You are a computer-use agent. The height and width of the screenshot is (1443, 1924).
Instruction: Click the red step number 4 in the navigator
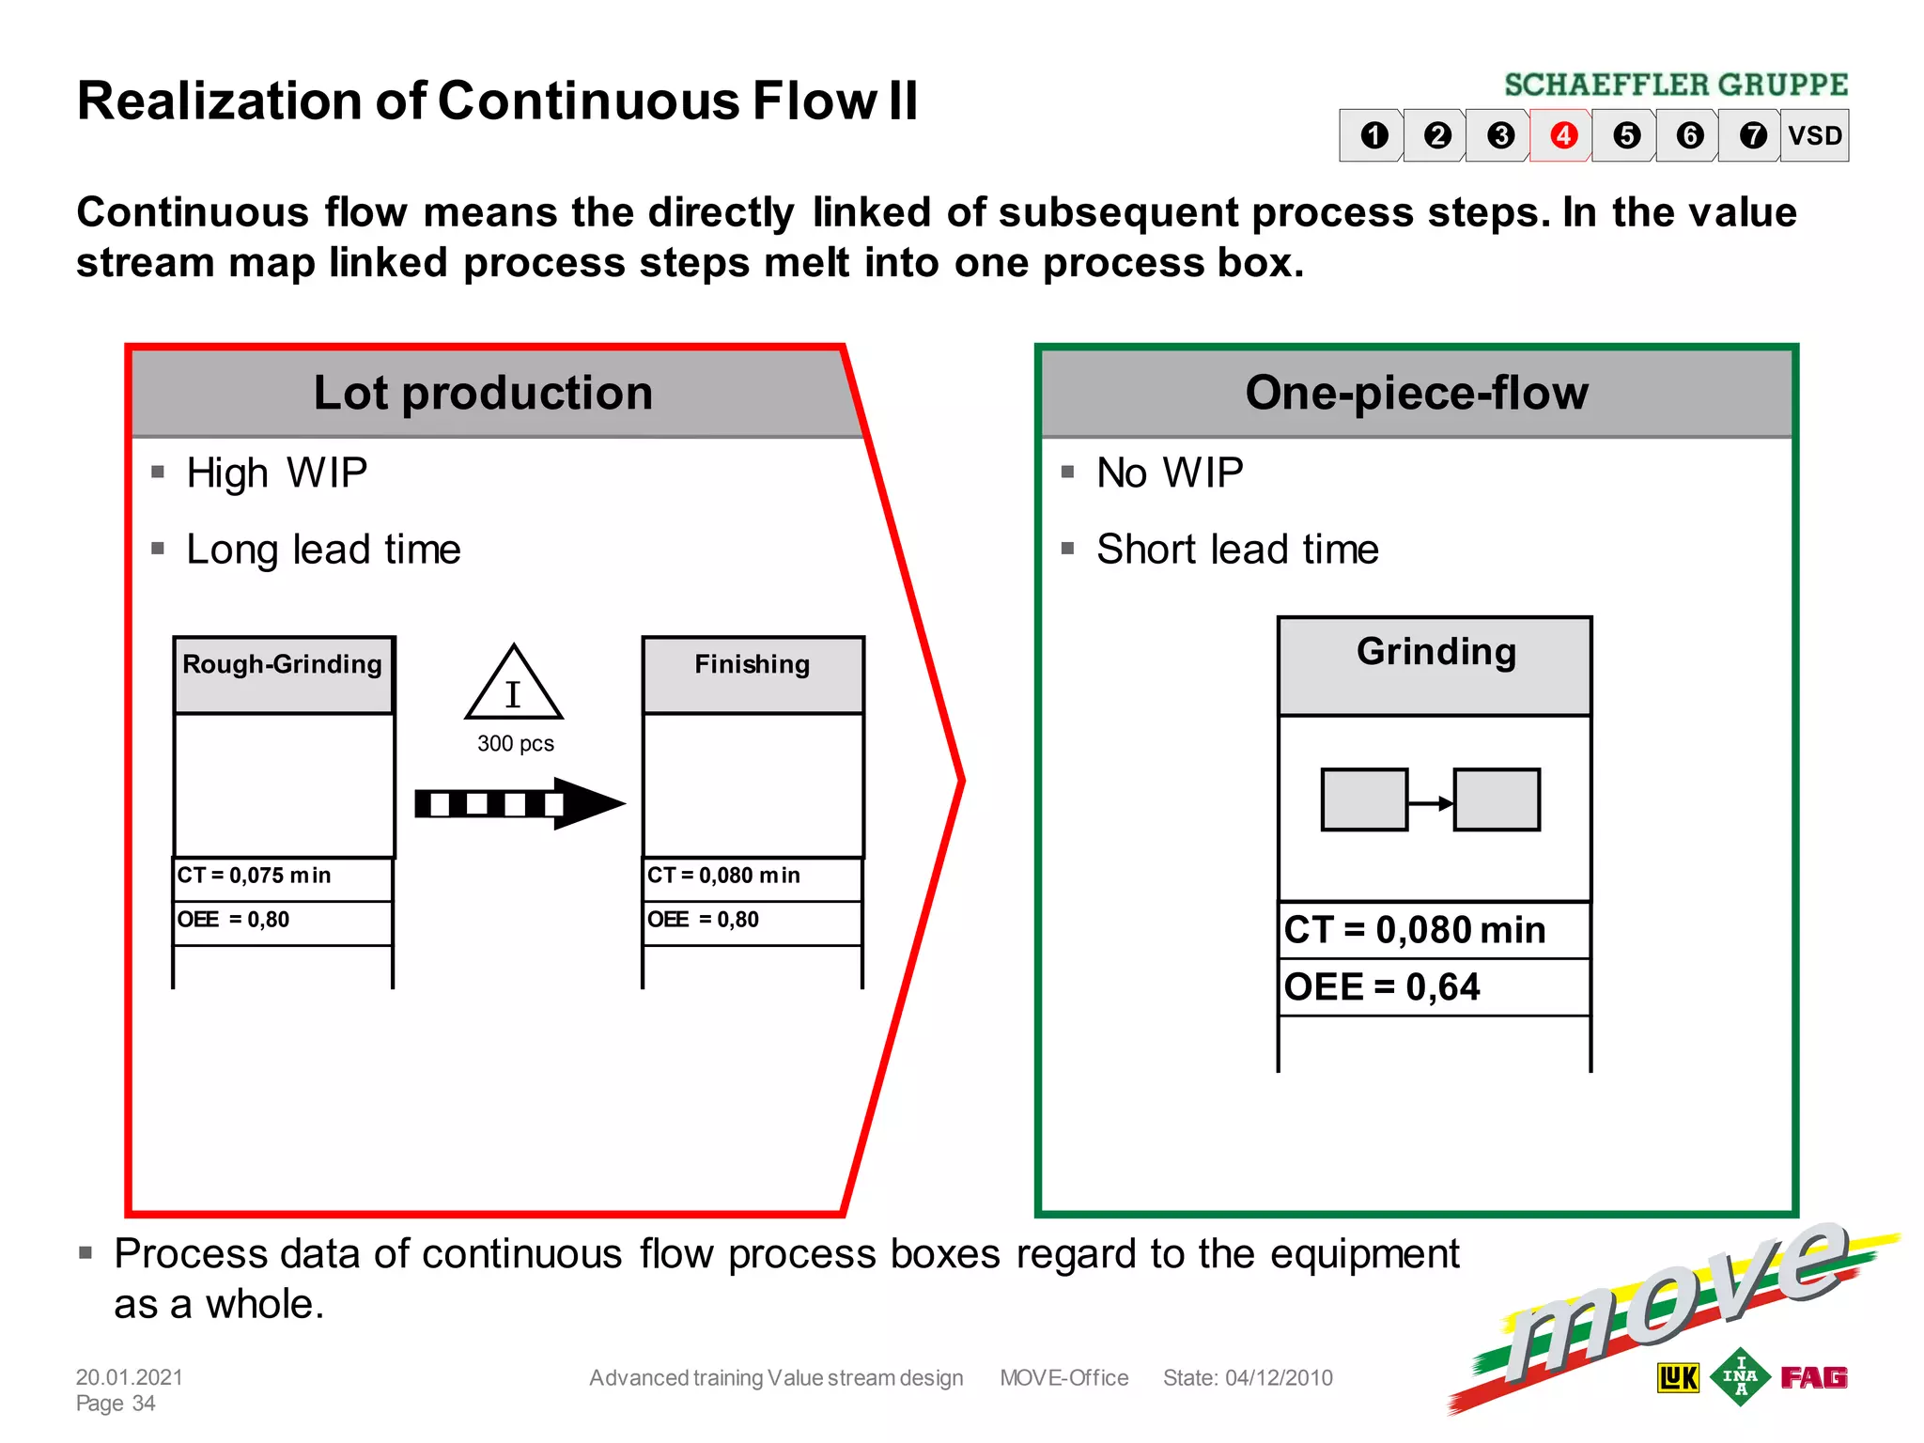(x=1562, y=135)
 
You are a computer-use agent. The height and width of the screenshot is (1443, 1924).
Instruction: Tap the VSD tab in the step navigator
(x=1814, y=135)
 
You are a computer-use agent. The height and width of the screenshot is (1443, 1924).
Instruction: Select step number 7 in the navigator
(x=1752, y=135)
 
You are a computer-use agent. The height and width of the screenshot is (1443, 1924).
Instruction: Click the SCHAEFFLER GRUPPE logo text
(x=1675, y=85)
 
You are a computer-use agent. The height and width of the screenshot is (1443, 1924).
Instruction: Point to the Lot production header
(x=483, y=393)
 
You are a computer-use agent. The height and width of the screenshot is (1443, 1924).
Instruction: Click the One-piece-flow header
(x=1416, y=393)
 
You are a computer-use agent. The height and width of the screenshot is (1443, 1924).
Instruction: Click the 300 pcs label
(x=515, y=744)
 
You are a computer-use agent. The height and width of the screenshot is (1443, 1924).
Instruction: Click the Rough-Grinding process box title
(x=282, y=665)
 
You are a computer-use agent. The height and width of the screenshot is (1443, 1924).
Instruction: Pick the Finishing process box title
(x=752, y=665)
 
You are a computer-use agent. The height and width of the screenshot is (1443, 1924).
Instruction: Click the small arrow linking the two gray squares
(x=1431, y=803)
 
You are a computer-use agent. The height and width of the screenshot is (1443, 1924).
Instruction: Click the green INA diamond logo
(x=1739, y=1377)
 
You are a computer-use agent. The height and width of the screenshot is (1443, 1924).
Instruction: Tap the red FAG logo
(x=1813, y=1377)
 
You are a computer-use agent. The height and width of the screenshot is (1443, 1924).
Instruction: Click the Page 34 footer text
(x=116, y=1404)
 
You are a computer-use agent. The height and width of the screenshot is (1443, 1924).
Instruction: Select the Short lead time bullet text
(x=1236, y=550)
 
